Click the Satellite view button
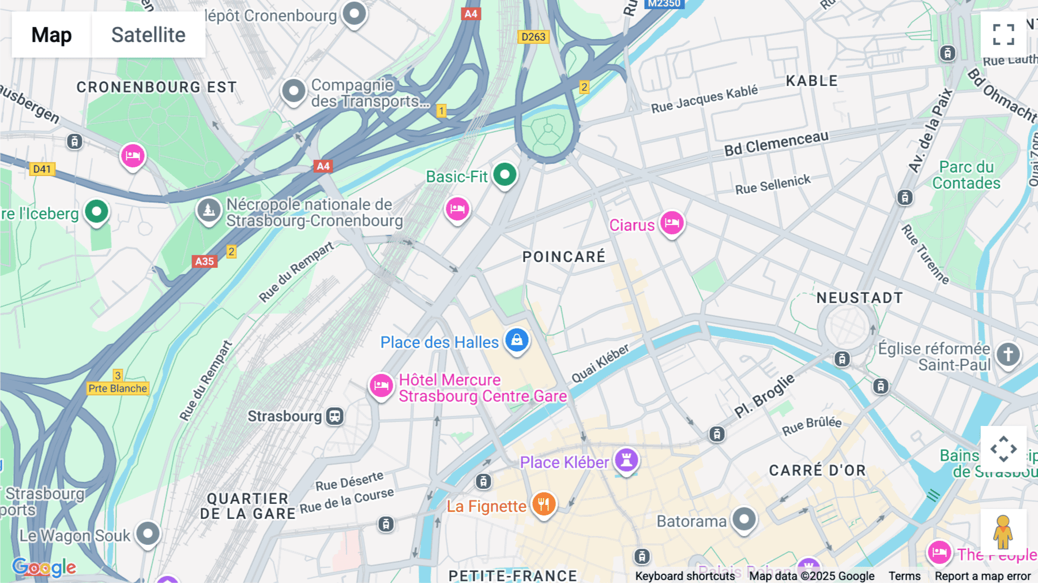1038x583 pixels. (x=148, y=35)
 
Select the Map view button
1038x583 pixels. (x=51, y=35)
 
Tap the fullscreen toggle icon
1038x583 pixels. (x=1003, y=35)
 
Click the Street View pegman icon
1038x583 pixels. (x=1003, y=532)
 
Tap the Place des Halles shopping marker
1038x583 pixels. (x=517, y=340)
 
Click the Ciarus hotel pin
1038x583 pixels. (x=672, y=222)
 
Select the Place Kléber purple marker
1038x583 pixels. (x=626, y=460)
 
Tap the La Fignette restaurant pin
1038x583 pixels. (x=543, y=504)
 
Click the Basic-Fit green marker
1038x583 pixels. (x=505, y=174)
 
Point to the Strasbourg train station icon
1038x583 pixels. (x=334, y=416)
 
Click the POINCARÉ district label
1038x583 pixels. (x=563, y=257)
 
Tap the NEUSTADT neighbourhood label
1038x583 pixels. (x=859, y=298)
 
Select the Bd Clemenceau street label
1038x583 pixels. (x=776, y=144)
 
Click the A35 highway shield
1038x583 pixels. (x=204, y=261)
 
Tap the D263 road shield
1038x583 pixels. (x=533, y=37)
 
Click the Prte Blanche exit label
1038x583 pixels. (x=118, y=388)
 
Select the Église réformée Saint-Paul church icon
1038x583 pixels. (x=1007, y=354)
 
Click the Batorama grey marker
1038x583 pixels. (x=744, y=520)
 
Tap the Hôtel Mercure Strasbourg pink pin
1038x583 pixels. (x=381, y=385)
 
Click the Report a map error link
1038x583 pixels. (x=983, y=576)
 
